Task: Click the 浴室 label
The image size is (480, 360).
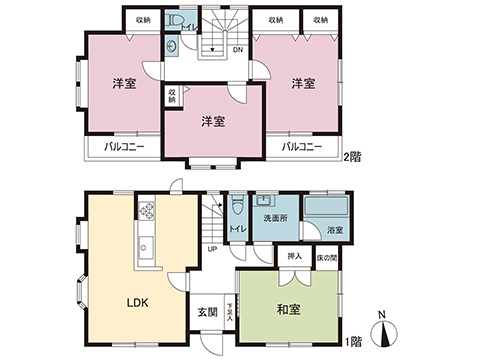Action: click(336, 232)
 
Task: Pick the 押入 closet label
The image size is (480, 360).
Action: click(295, 257)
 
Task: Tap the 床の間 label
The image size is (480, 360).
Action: click(326, 257)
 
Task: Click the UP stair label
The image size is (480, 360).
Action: click(212, 249)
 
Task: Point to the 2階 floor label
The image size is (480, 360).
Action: click(351, 156)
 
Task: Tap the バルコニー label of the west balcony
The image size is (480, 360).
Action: click(125, 148)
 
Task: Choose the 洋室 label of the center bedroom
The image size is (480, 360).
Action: click(212, 121)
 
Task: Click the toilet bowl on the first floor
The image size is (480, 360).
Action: click(237, 207)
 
